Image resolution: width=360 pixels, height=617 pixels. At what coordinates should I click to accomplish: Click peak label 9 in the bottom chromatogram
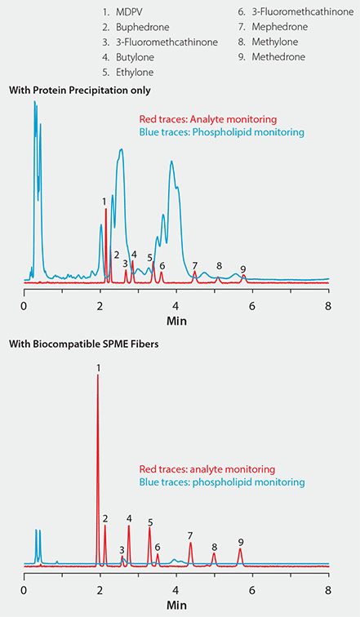point(241,541)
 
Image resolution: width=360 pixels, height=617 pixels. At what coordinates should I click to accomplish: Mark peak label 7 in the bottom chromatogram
point(190,535)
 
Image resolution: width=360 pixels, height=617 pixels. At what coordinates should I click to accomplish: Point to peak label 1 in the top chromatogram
point(104,201)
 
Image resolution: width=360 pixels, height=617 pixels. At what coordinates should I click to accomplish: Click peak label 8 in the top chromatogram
point(219,265)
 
